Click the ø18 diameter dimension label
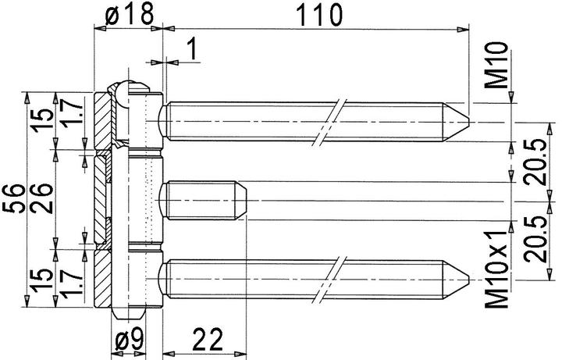(127, 13)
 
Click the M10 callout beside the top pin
(500, 66)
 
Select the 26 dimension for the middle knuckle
(44, 191)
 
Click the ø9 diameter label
(127, 341)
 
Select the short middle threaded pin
(203, 201)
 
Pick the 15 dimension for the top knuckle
(44, 119)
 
